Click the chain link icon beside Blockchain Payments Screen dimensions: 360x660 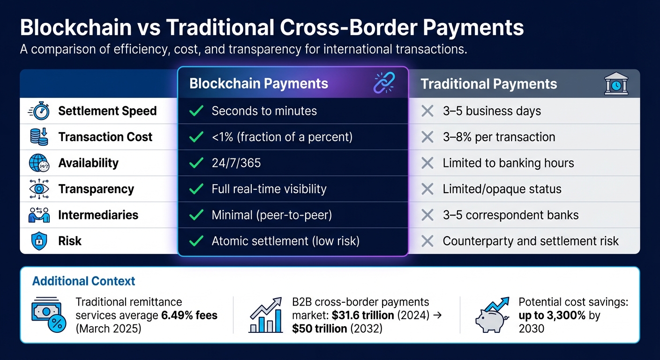[384, 83]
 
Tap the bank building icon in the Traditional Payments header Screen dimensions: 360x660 [616, 84]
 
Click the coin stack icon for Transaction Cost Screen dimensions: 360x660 [39, 137]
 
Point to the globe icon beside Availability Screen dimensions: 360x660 [39, 163]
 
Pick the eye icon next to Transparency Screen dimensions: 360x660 [39, 189]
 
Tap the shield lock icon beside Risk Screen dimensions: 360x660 [39, 241]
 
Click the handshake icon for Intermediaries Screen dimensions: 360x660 [39, 215]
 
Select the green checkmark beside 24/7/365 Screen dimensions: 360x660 [195, 163]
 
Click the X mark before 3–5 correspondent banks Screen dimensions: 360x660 [427, 215]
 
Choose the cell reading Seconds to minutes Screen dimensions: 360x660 [264, 111]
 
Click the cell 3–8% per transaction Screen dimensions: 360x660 [499, 137]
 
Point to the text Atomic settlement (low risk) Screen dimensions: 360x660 [285, 241]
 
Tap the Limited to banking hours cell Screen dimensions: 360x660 [508, 163]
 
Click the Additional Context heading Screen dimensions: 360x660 [83, 281]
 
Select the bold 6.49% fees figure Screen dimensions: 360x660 [189, 315]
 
